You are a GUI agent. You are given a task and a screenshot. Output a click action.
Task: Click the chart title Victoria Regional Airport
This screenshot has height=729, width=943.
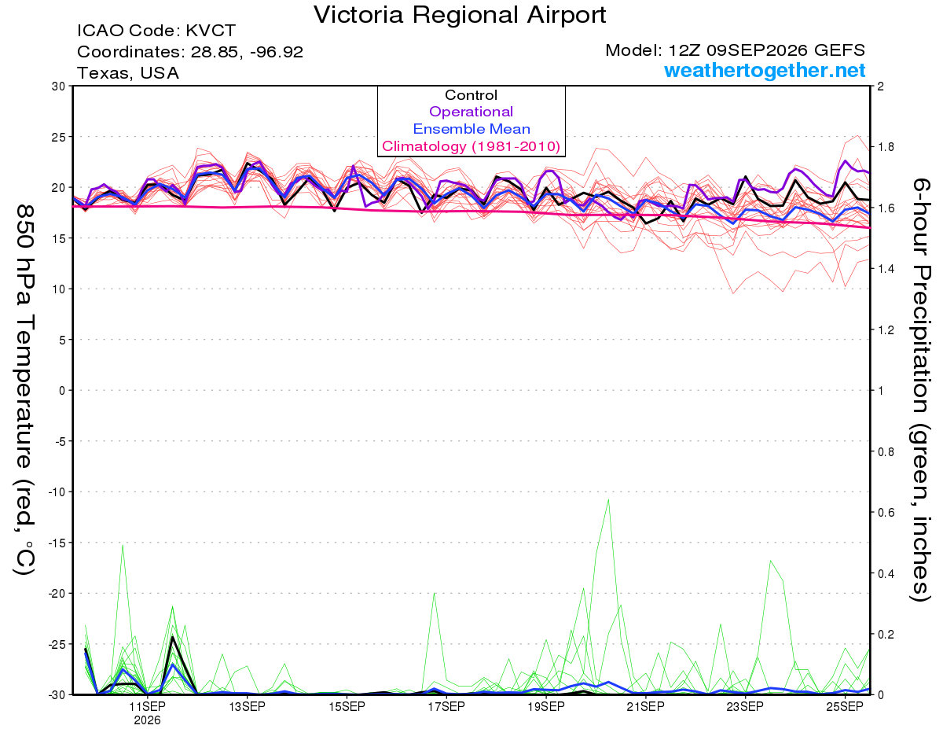tap(460, 15)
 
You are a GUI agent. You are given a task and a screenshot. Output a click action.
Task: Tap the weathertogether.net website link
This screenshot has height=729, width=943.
tap(765, 70)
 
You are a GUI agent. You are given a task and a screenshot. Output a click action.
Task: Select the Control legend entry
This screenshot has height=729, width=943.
tap(472, 95)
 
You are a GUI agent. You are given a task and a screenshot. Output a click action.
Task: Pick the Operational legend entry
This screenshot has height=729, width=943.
tap(472, 112)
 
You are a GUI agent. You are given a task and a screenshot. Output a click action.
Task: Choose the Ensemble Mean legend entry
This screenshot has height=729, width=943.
tap(472, 129)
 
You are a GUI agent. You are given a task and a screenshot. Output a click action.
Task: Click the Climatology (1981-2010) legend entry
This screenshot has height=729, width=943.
tap(472, 146)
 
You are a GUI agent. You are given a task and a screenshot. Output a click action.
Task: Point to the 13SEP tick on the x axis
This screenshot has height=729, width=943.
tap(247, 707)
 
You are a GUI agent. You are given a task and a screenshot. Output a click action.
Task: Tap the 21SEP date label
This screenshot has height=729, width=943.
tap(646, 707)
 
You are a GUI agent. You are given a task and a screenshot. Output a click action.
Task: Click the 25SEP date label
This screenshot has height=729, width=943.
tap(845, 707)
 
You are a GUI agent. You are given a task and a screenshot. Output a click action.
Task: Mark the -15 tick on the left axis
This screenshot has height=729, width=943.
tap(56, 543)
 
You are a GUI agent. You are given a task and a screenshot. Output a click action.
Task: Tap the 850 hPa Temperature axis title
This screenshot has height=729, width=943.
tap(24, 390)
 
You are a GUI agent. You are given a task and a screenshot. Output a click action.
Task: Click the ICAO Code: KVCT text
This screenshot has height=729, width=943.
tap(156, 31)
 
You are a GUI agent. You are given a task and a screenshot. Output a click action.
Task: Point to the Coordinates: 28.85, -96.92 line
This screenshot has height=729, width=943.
tap(190, 52)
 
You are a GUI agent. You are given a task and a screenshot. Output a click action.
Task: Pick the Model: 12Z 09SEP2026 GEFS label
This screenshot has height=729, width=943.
tap(735, 50)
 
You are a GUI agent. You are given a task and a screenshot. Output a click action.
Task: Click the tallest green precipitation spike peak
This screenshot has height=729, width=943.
tap(608, 499)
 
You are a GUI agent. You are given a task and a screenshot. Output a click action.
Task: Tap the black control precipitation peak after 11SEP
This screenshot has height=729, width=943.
tap(172, 637)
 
